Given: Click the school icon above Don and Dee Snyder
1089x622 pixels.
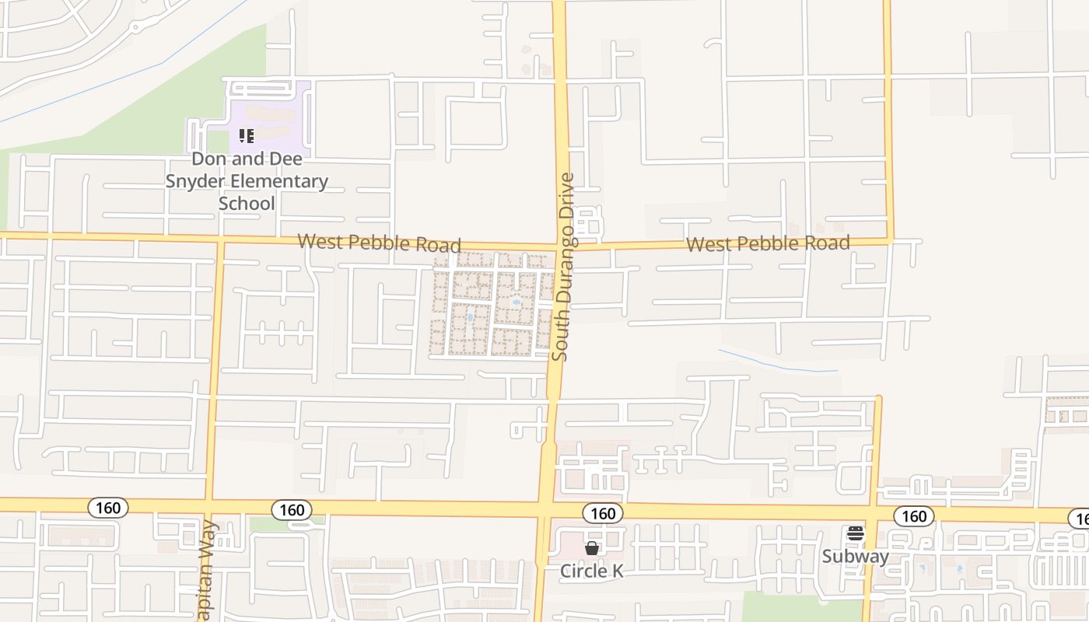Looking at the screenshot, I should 247,137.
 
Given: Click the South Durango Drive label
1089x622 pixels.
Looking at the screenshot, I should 564,267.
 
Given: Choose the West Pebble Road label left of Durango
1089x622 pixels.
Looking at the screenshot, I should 379,243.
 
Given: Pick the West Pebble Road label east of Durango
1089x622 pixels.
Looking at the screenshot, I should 768,244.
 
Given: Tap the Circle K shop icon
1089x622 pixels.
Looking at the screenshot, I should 592,548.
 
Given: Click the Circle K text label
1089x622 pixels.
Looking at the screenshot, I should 592,571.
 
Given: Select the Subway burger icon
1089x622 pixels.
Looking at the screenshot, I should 856,534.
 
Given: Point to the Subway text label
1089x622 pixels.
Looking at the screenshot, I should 856,557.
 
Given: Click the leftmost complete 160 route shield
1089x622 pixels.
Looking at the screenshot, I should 108,508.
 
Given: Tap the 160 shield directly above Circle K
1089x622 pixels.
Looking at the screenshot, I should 603,513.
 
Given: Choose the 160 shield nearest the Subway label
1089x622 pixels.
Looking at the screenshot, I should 914,516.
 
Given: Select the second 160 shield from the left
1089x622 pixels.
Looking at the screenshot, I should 292,510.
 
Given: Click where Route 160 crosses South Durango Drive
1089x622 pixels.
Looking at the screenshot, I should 544,509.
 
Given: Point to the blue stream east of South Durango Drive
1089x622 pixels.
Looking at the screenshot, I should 778,364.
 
